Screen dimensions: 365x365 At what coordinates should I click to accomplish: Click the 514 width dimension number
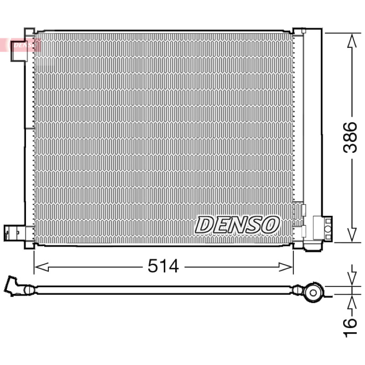(163, 266)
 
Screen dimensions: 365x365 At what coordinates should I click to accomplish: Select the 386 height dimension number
(350, 138)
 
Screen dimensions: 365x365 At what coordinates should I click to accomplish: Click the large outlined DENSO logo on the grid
(237, 224)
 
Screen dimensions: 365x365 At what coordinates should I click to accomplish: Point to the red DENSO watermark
(24, 45)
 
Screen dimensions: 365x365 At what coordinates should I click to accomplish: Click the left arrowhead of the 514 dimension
(42, 267)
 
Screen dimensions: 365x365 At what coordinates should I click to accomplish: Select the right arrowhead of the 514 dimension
(286, 267)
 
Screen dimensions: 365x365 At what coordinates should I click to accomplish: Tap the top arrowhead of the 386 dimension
(352, 41)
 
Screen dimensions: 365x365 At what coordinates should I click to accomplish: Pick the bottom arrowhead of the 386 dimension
(352, 235)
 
